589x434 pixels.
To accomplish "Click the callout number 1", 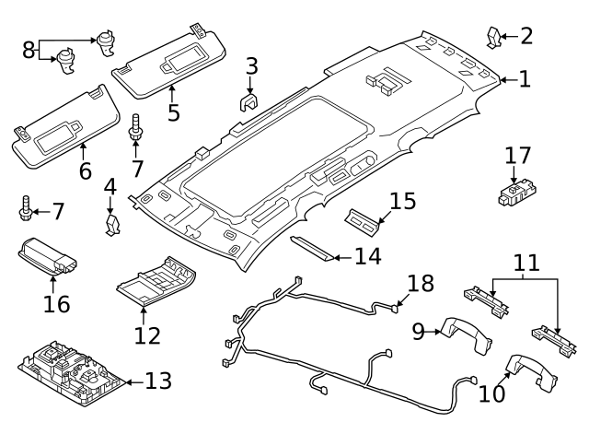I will pyautogui.click(x=524, y=80).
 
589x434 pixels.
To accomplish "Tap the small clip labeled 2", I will pyautogui.click(x=494, y=38).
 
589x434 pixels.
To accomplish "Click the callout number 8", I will pyautogui.click(x=29, y=49).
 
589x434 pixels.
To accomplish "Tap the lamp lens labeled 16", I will pyautogui.click(x=49, y=256).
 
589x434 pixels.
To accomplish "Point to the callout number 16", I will pyautogui.click(x=56, y=303).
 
